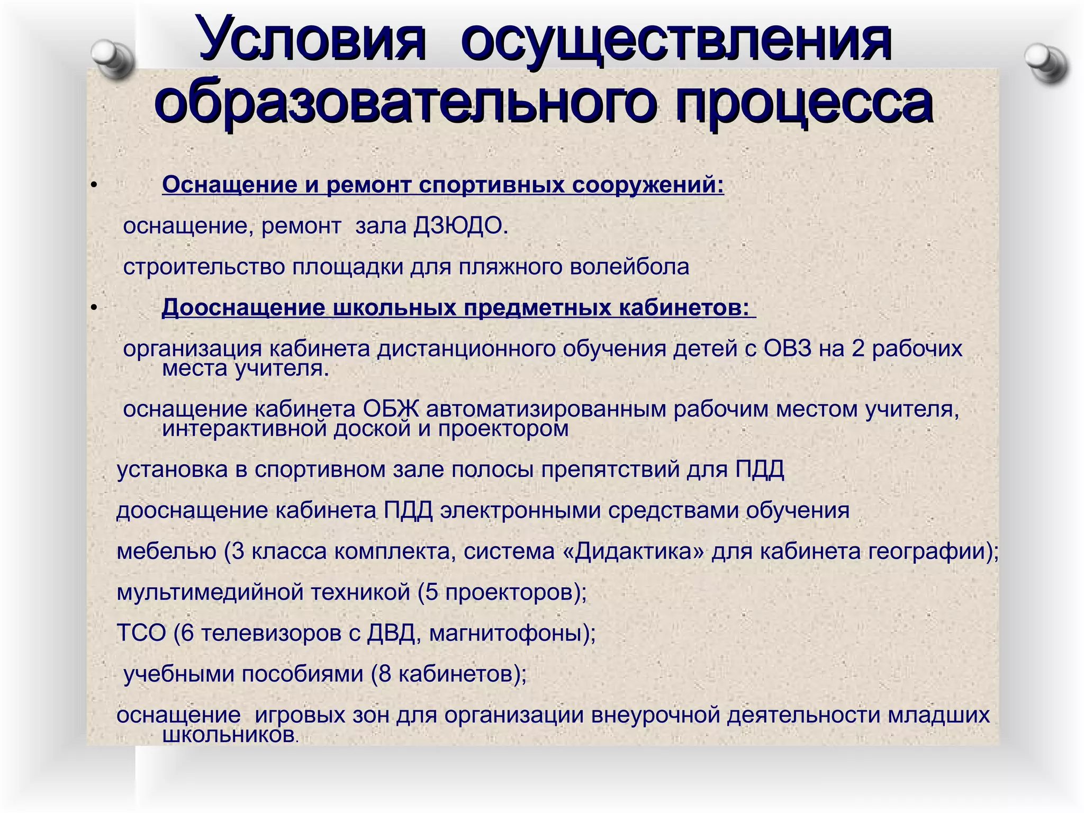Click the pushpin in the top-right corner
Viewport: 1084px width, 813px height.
[x=1046, y=62]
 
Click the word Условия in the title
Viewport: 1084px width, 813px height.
[x=312, y=40]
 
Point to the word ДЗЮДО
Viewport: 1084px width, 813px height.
[x=460, y=227]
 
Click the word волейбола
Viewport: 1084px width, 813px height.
[x=629, y=267]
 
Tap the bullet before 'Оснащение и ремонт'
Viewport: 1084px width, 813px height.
[x=94, y=185]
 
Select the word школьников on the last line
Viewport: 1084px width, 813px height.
[x=228, y=735]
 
